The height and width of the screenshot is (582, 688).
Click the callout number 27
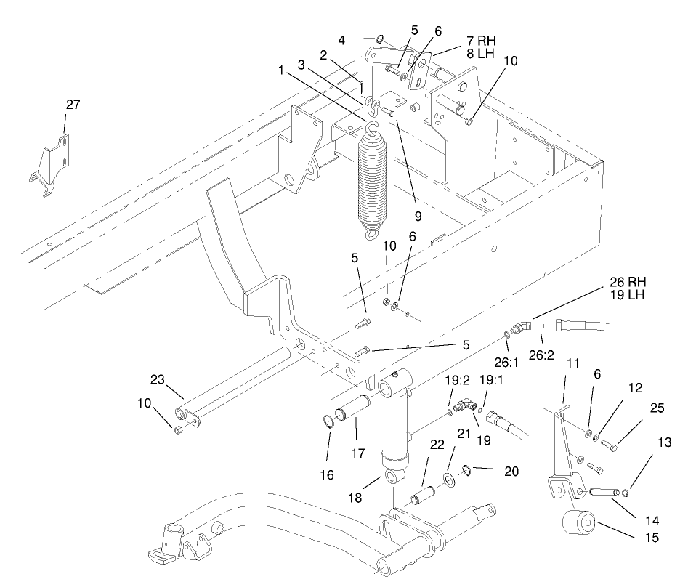tap(73, 105)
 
